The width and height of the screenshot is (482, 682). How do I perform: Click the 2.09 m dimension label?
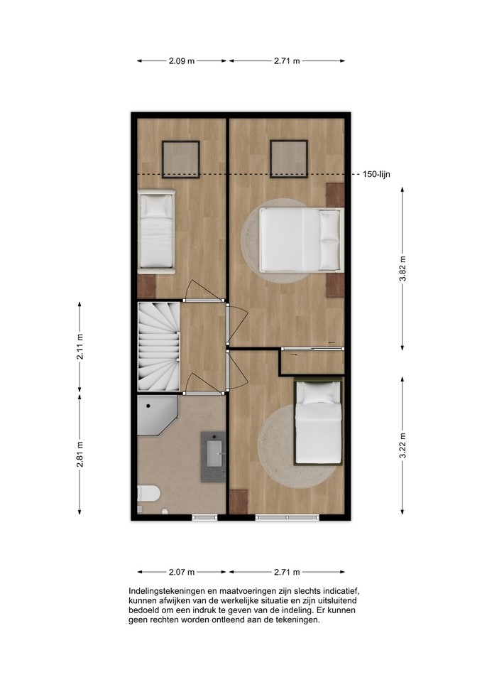pos(182,61)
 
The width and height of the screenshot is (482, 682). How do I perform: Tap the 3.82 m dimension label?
pos(403,269)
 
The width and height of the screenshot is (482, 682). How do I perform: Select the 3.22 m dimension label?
pos(403,445)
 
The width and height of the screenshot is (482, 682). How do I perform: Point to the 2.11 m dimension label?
pos(80,347)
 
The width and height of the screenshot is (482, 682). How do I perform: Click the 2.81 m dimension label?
pos(80,454)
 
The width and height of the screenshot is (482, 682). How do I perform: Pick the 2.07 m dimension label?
pos(182,572)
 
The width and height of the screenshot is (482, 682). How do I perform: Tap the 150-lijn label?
pos(376,175)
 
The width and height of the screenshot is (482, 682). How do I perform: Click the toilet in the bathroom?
pos(148,494)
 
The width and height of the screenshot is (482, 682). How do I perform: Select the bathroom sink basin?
pos(214,454)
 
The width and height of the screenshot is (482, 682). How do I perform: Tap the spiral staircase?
pos(158,347)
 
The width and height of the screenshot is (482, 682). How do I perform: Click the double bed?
pos(301,239)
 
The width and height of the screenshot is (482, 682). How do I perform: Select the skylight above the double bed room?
pos(289,158)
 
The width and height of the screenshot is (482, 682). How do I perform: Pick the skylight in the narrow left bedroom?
pos(181,159)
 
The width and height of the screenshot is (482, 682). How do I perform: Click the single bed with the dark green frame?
pos(319,421)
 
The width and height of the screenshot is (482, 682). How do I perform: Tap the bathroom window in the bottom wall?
pos(204,517)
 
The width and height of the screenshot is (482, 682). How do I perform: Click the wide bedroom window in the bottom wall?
pos(287,517)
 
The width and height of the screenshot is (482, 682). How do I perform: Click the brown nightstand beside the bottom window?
pos(239,502)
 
